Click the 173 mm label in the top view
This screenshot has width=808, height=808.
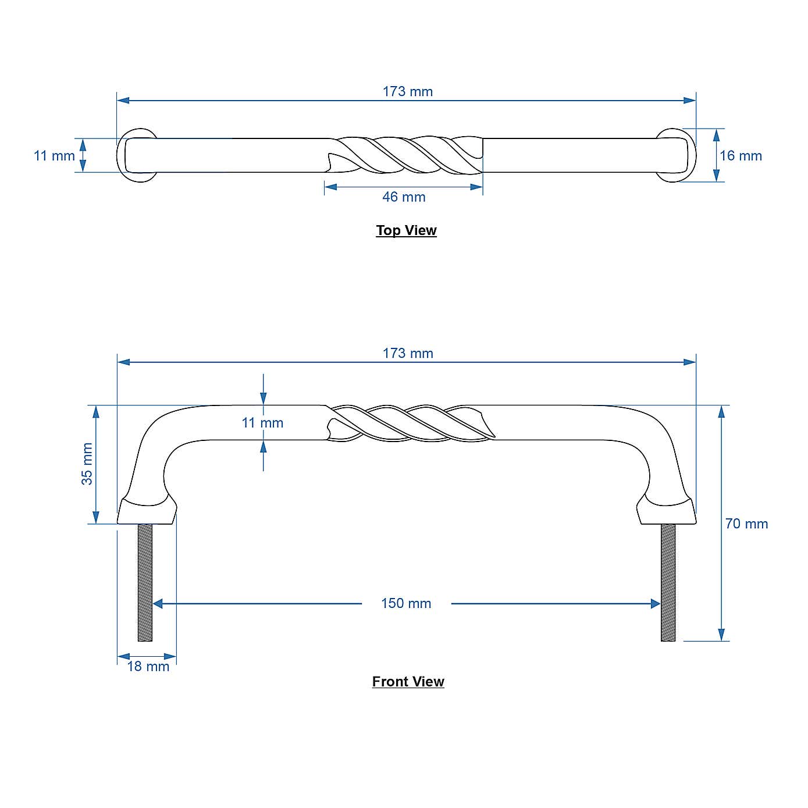click(x=407, y=91)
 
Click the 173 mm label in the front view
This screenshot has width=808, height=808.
click(x=407, y=353)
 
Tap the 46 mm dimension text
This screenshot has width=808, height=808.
click(x=404, y=197)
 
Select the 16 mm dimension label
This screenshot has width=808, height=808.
click(x=740, y=156)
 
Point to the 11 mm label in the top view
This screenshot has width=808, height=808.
click(x=54, y=156)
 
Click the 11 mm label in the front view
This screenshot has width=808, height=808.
click(x=262, y=423)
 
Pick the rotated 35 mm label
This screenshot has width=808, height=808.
click(x=87, y=464)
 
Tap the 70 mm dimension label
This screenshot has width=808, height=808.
click(x=746, y=524)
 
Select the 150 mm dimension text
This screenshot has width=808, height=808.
click(x=406, y=603)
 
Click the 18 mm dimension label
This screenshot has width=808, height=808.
click(x=148, y=667)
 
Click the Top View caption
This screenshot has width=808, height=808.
click(x=406, y=230)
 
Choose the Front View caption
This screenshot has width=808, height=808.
click(x=408, y=682)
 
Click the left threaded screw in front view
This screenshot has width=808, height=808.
click(x=145, y=582)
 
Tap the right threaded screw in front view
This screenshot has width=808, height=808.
click(x=668, y=582)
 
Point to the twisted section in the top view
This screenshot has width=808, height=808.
click(x=407, y=155)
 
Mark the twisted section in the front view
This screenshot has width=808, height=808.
click(x=410, y=422)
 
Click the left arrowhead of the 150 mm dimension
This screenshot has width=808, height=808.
click(x=158, y=604)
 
